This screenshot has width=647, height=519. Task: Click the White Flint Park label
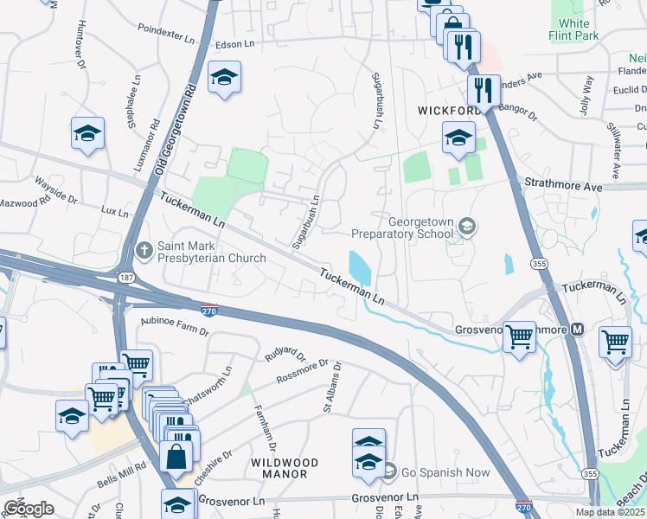[574, 29]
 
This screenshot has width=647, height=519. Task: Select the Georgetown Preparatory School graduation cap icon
[467, 227]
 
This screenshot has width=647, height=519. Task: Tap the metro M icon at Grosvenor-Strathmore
[577, 330]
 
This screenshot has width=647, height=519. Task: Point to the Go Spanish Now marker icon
[389, 471]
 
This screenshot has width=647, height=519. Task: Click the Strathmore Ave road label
[563, 185]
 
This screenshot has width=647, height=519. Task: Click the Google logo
[29, 509]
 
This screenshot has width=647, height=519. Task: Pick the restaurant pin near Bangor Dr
[480, 88]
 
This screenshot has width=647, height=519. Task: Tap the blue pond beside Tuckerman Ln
[359, 267]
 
